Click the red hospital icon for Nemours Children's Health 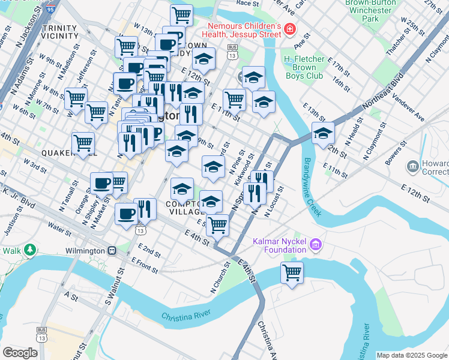pos(289,29)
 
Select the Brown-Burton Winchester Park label pos(369,11)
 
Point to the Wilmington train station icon pos(112,250)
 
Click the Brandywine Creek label pos(313,186)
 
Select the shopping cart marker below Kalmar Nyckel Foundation pos(292,272)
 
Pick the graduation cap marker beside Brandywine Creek pos(323,133)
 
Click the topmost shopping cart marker pos(181,14)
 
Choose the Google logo pos(20,353)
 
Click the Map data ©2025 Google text pos(412,355)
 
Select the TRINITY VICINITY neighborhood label pos(60,32)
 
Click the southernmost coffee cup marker pos(126,213)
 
